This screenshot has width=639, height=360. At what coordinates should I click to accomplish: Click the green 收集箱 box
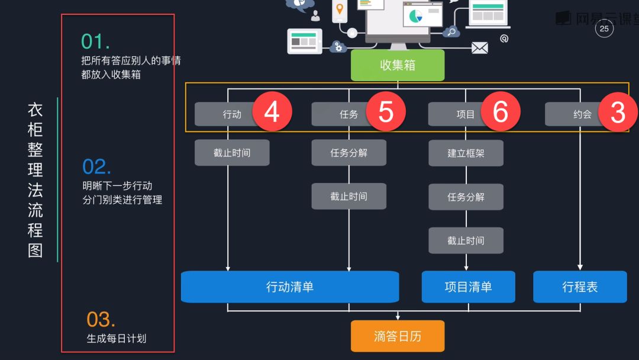coord(398,65)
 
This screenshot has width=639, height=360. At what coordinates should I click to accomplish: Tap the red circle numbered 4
coord(272,111)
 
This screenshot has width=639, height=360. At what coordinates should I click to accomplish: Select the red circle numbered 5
coord(386,111)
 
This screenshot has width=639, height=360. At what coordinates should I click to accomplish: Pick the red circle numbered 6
coord(501,111)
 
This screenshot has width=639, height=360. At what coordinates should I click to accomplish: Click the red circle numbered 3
coord(618,112)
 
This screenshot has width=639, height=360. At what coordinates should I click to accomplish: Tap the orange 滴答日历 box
coord(398,336)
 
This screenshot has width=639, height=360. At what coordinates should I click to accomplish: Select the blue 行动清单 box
coord(290,287)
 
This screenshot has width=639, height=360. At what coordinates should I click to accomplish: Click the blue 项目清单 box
coord(468,287)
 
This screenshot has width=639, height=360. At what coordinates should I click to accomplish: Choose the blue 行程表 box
coord(580,287)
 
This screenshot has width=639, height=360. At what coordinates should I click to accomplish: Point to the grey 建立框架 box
coord(466,153)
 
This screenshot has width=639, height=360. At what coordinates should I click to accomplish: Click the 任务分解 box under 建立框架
coord(466,197)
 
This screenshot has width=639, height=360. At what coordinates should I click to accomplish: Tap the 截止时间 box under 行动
coord(232,153)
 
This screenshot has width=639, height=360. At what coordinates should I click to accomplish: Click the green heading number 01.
coord(95,41)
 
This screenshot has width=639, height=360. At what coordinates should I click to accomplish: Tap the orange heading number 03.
coord(101,320)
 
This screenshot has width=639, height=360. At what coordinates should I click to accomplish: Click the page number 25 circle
coord(604,28)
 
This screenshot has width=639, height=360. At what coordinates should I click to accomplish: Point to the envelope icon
coord(479,48)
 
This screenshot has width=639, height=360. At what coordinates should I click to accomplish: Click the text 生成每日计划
coord(117,339)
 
